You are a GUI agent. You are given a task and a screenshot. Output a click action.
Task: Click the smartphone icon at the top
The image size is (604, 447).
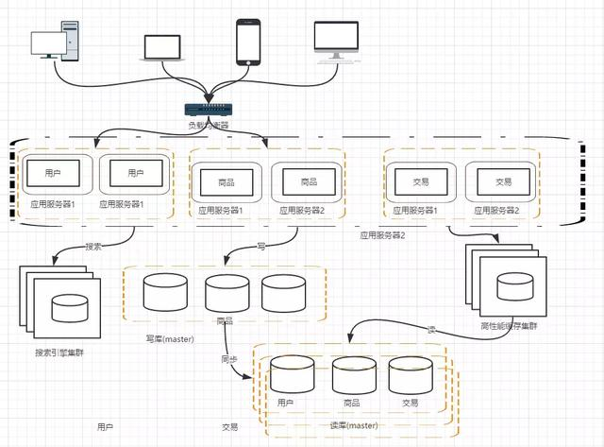pos(247,40)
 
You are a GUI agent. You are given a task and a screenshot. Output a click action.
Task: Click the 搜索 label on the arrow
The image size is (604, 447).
pos(93,247)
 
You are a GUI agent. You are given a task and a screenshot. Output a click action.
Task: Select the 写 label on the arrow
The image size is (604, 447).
pos(261,246)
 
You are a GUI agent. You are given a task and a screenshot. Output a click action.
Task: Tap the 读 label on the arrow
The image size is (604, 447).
pos(431,330)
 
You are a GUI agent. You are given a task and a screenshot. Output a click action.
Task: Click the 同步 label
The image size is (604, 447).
pos(228,359)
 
